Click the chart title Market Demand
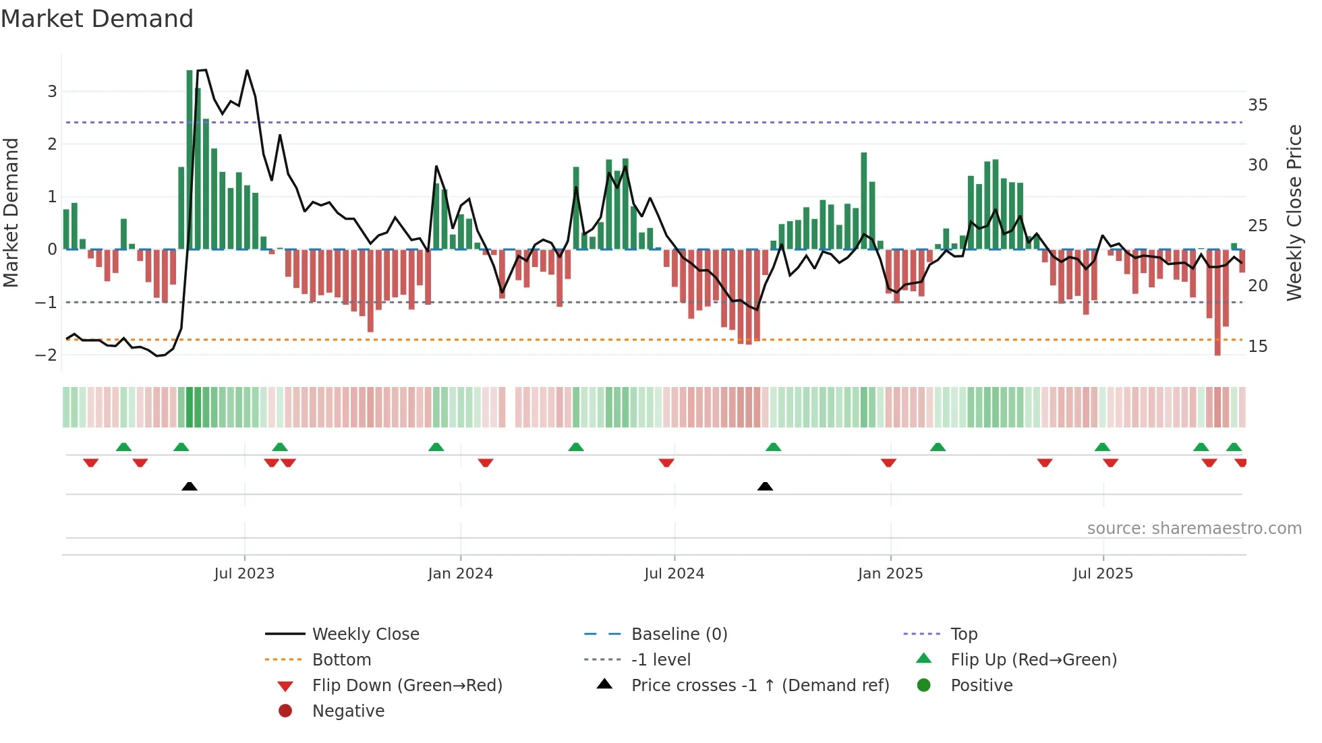pyautogui.click(x=97, y=19)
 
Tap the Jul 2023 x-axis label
pyautogui.click(x=244, y=574)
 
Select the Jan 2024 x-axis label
pyautogui.click(x=460, y=574)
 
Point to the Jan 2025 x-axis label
pyautogui.click(x=890, y=574)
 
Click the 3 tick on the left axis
pyautogui.click(x=52, y=91)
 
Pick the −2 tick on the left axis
pyautogui.click(x=47, y=355)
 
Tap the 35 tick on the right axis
pyautogui.click(x=1258, y=105)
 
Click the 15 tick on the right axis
pyautogui.click(x=1258, y=347)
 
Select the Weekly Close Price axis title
pyautogui.click(x=1294, y=212)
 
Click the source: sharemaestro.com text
pyautogui.click(x=1194, y=529)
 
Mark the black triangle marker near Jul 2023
pyautogui.click(x=190, y=486)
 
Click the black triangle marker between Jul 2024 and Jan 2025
pyautogui.click(x=765, y=486)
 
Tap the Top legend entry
pyautogui.click(x=964, y=634)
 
